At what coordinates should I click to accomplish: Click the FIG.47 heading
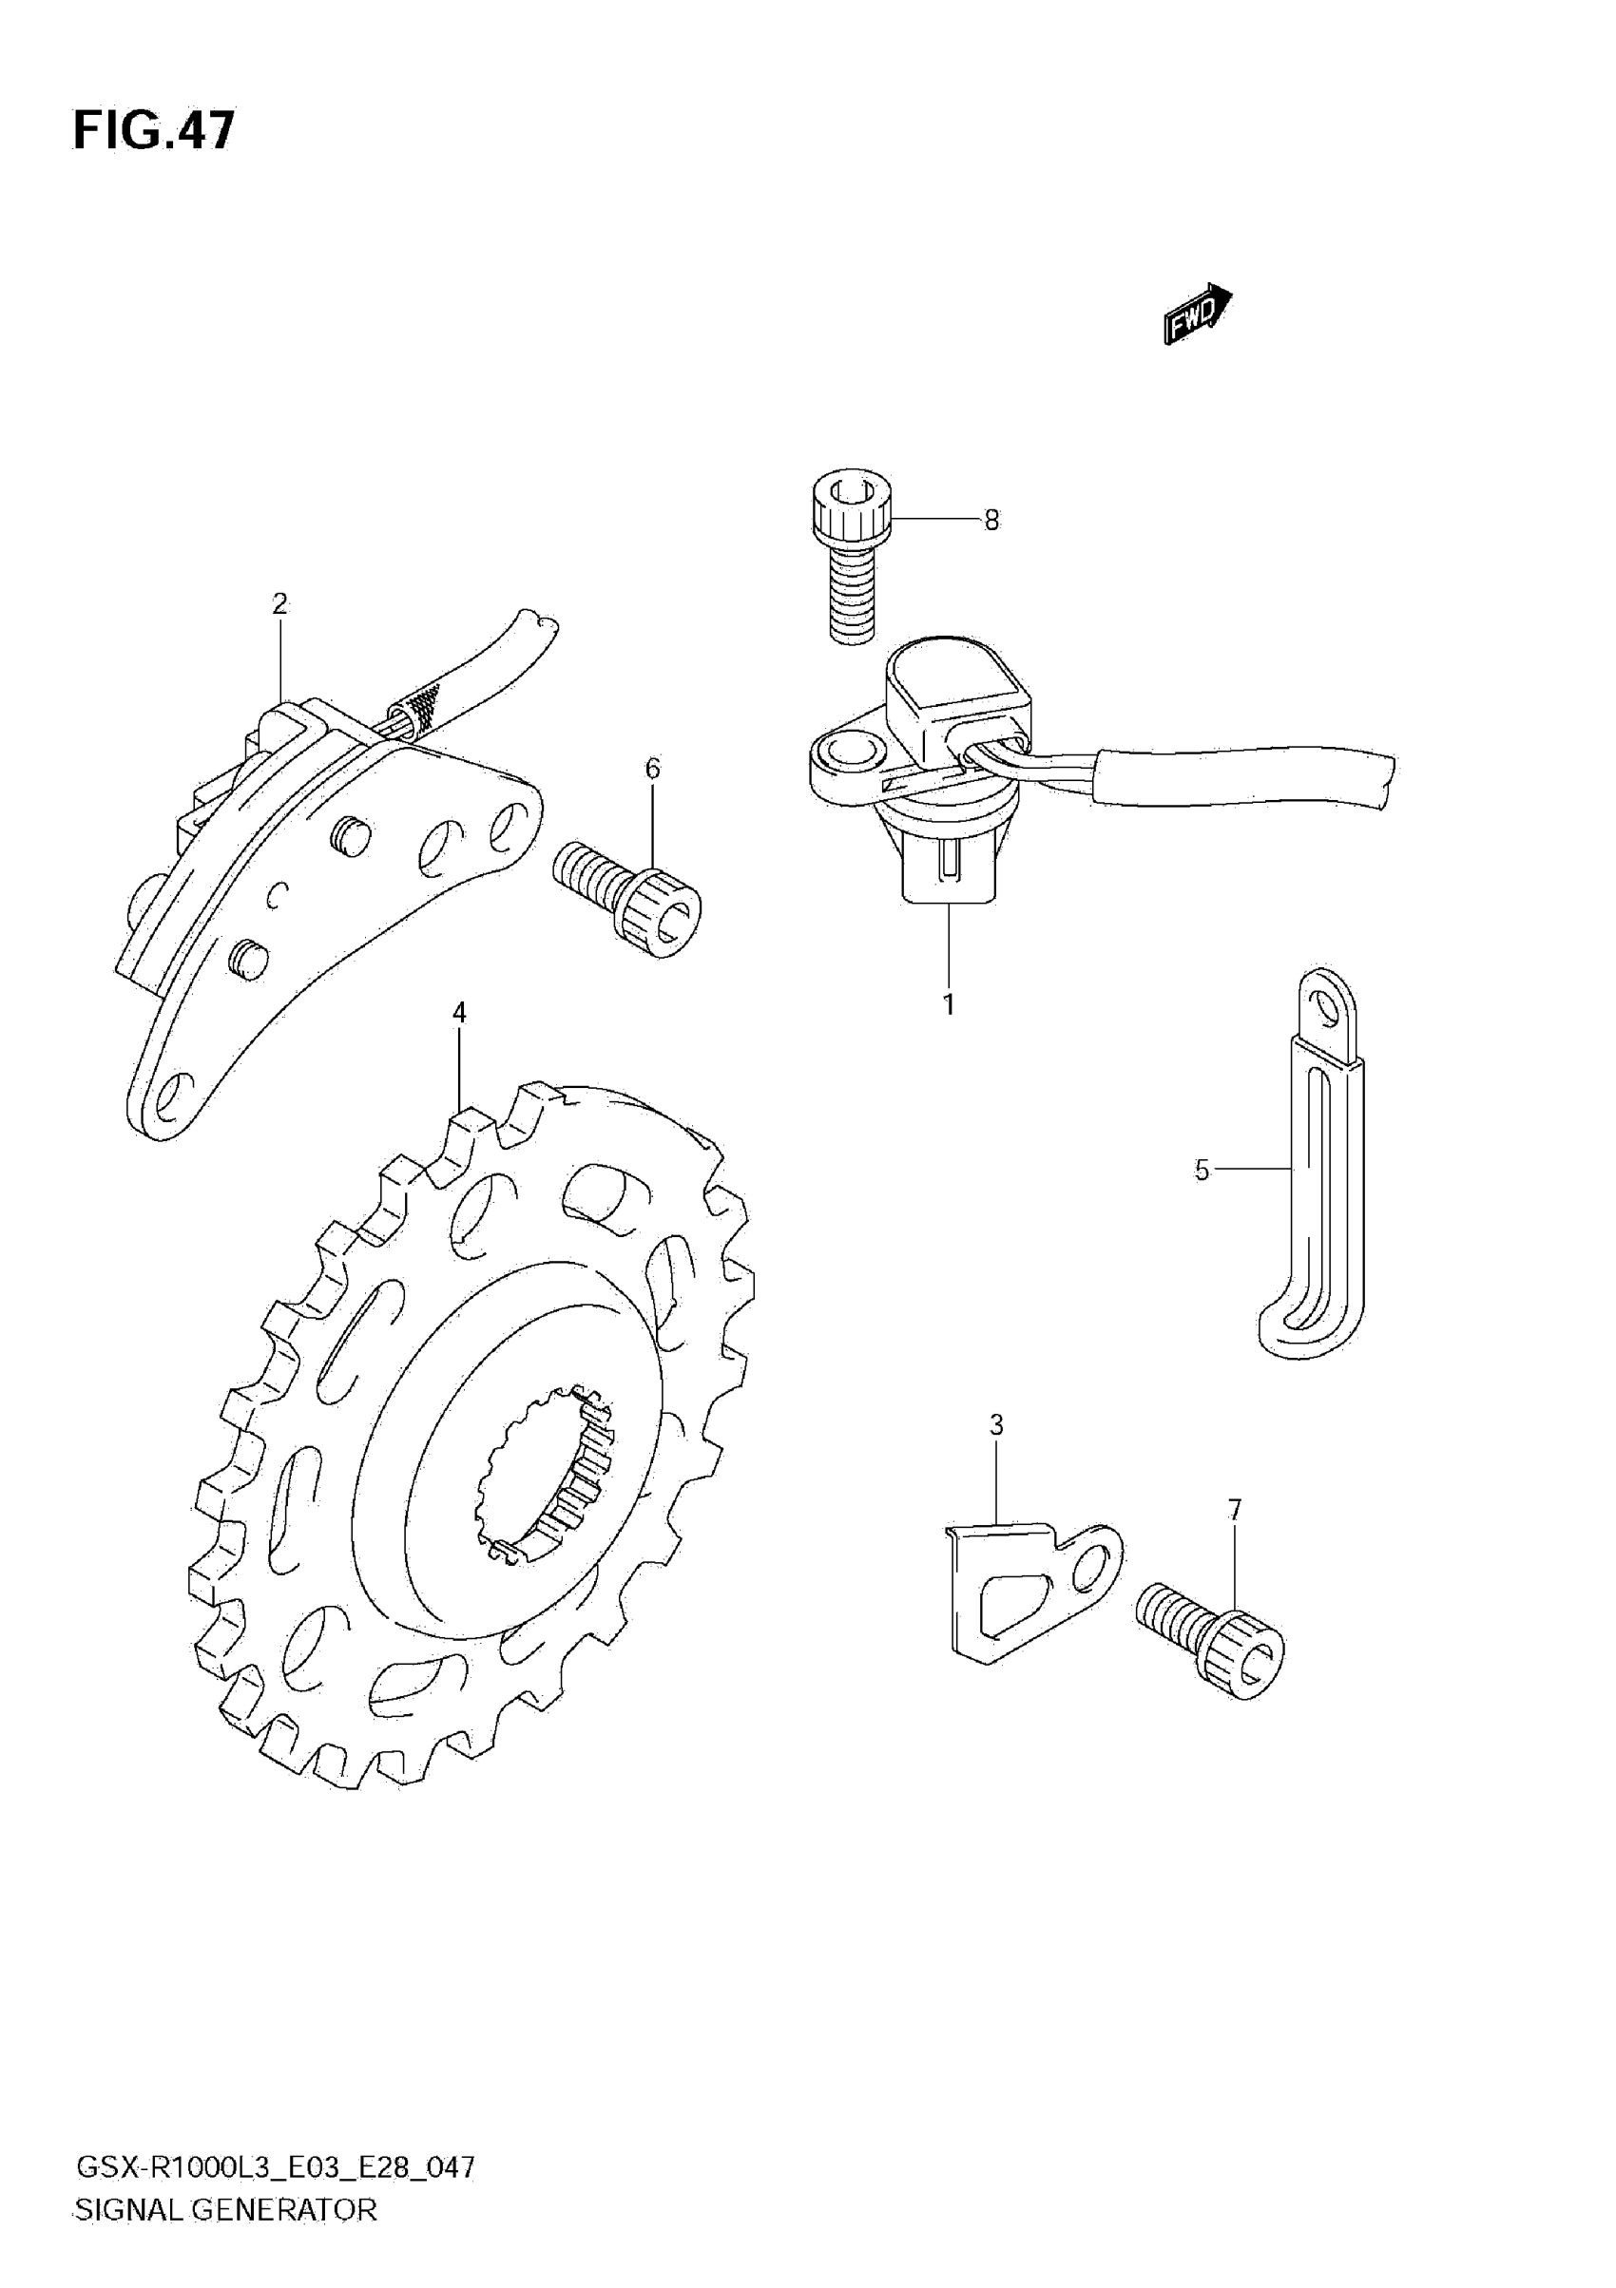pos(155,130)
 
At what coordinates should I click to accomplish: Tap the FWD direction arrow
pos(1198,313)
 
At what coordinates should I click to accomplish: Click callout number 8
pos(991,520)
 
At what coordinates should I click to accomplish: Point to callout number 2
pos(279,603)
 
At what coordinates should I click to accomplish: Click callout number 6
pos(653,769)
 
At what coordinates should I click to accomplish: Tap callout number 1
pos(948,1004)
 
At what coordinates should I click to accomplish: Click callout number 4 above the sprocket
pos(458,1013)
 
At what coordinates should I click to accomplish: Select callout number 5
pos(1202,1170)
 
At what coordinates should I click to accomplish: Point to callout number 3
pos(996,1425)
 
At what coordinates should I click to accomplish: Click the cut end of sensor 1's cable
pos(1384,779)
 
